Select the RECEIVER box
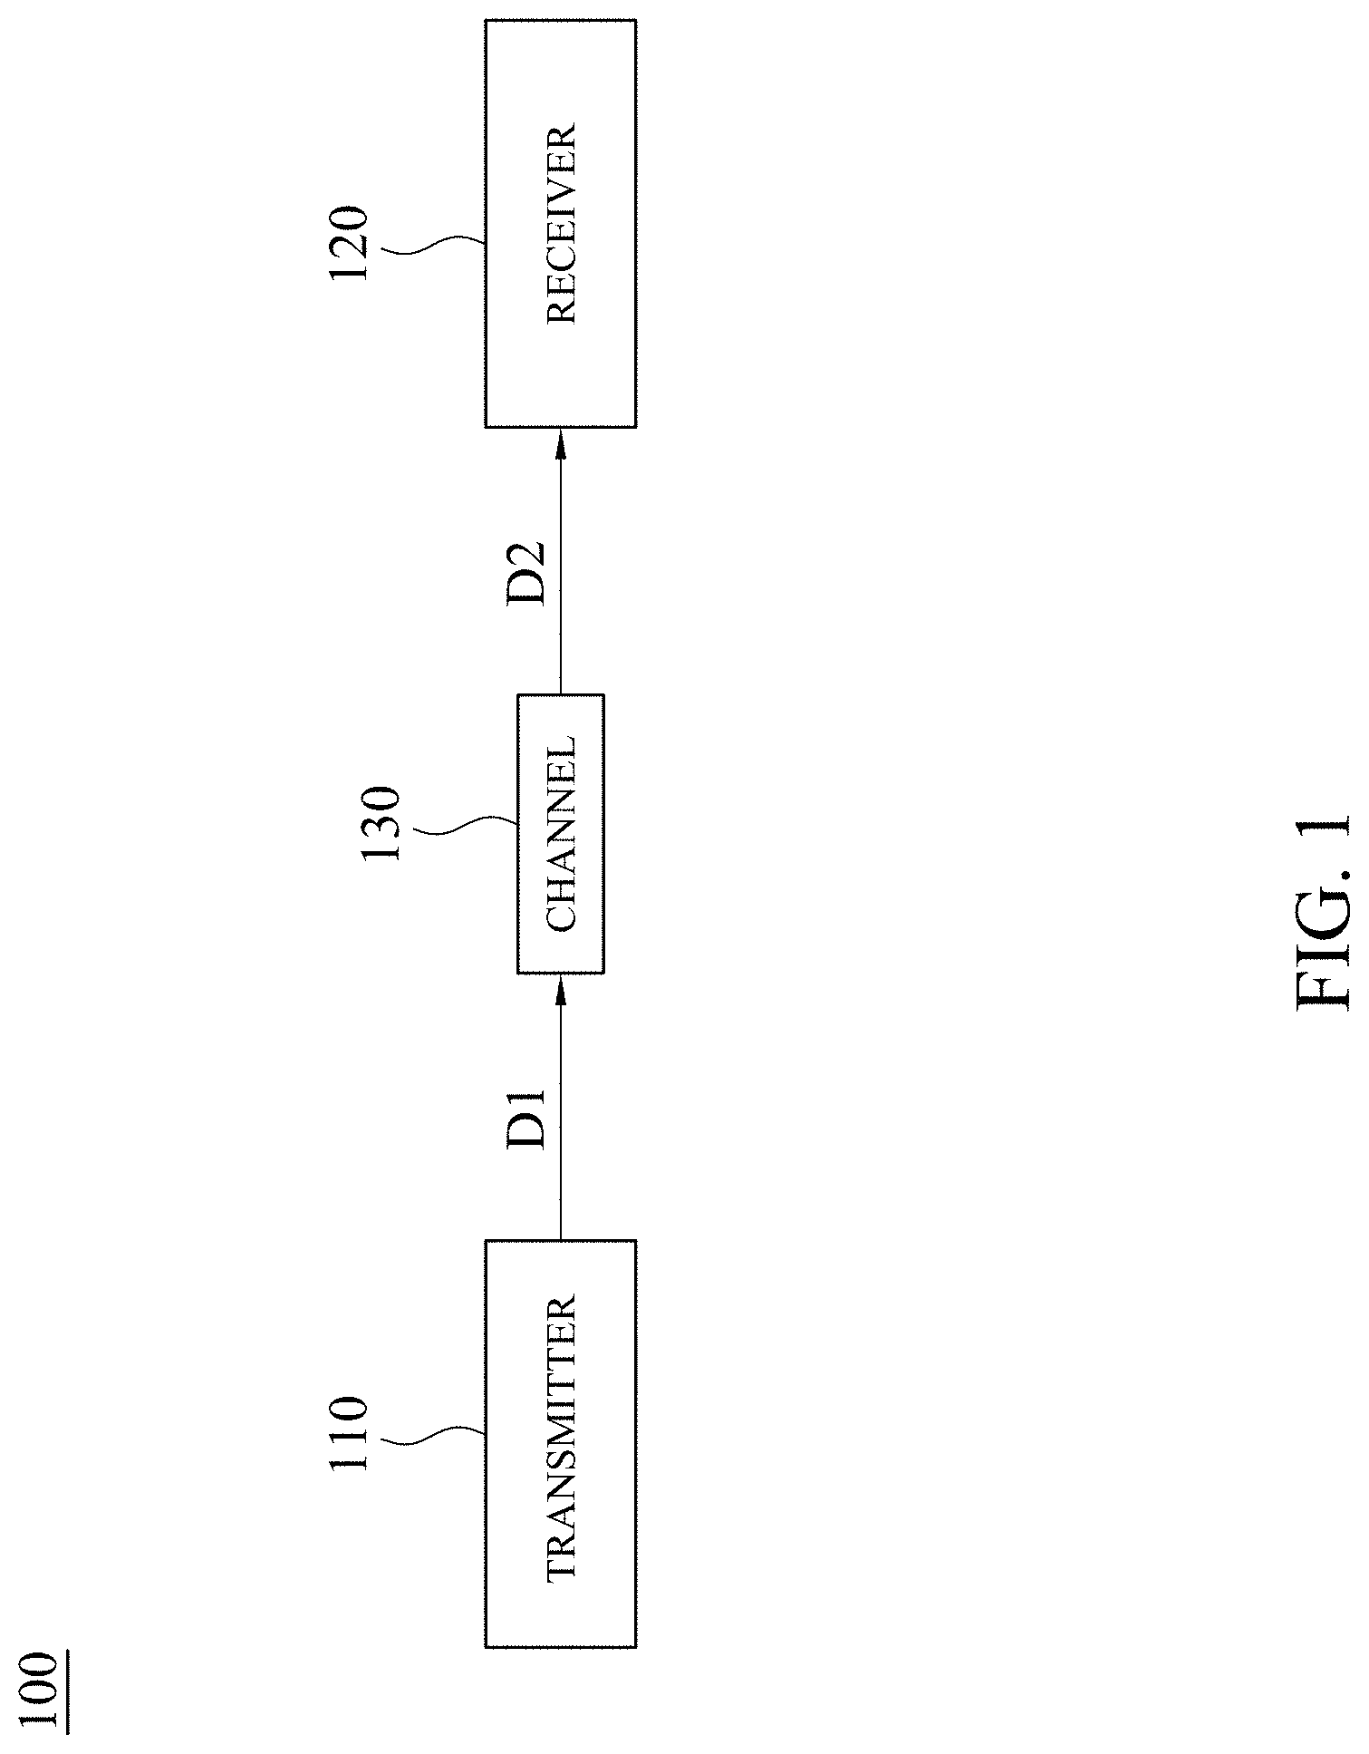coord(560,223)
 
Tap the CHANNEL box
coord(560,834)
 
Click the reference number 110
coord(350,1448)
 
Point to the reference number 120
coord(350,245)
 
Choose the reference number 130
coord(381,824)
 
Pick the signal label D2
coord(526,573)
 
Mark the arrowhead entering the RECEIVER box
coord(560,443)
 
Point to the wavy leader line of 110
coord(435,1439)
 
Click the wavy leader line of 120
coord(435,247)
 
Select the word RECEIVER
coord(562,225)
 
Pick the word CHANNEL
coord(562,834)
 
